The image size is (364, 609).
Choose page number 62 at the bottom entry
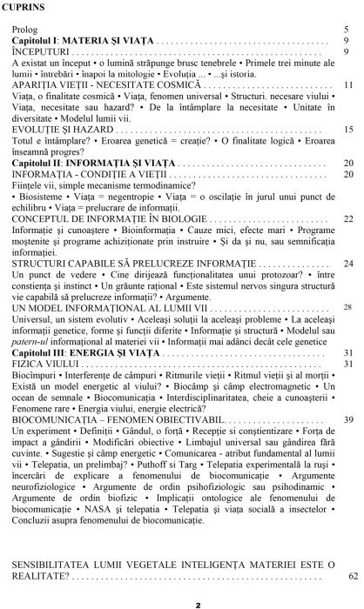[351, 576]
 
